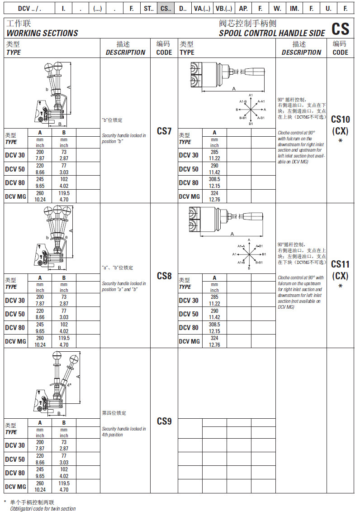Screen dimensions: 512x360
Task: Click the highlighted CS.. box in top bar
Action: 166,8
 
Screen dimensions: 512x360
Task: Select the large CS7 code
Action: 164,131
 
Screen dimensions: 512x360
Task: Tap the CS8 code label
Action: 164,276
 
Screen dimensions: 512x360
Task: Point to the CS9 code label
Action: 164,421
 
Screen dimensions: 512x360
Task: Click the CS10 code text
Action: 340,120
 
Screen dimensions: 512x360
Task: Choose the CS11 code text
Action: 340,264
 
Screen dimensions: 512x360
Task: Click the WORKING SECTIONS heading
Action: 42,33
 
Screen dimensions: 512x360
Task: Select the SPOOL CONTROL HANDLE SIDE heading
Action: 272,33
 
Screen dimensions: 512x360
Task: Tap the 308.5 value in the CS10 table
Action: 214,183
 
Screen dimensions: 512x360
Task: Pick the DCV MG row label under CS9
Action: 15,487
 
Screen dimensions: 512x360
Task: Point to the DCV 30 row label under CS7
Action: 15,155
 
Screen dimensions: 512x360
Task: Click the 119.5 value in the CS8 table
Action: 64,338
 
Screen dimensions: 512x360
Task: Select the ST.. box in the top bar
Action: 149,8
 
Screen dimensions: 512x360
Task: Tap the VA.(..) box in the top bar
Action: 202,8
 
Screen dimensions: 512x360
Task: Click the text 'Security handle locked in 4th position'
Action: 124,431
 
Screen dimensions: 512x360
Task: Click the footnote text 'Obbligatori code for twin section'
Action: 43,509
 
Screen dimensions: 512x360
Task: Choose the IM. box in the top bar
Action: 294,8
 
